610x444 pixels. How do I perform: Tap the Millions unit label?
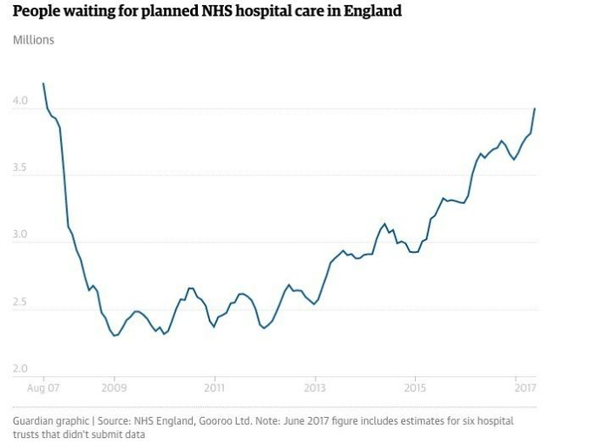(x=33, y=40)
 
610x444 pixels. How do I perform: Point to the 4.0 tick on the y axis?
(x=20, y=101)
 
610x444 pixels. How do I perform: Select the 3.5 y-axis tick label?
(x=20, y=168)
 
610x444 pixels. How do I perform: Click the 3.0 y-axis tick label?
(x=20, y=236)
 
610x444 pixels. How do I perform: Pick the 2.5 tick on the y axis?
(x=20, y=303)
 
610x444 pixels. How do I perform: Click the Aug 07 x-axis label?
(x=42, y=387)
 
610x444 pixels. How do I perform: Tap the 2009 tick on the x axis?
(x=113, y=387)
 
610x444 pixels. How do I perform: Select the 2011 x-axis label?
(x=214, y=387)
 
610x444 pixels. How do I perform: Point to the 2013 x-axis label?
(x=315, y=387)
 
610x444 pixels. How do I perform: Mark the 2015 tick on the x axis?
(x=416, y=387)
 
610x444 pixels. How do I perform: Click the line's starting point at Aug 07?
(x=43, y=83)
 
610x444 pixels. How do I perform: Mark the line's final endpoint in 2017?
(x=534, y=108)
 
